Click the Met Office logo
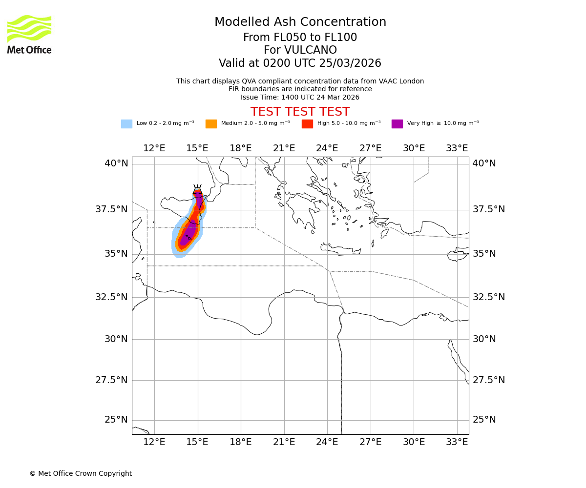29,34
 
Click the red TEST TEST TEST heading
300,112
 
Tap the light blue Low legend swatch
126,124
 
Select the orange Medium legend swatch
211,124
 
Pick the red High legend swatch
307,124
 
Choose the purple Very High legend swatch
397,124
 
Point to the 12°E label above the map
154,148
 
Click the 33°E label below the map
457,442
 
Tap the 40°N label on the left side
116,163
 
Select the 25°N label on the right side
484,420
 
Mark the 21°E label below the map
284,442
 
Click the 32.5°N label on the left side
111,297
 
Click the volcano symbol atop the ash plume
197,188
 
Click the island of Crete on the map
340,249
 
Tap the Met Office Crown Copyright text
81,473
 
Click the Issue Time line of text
300,97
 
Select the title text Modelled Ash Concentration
300,22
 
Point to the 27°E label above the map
370,148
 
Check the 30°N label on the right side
484,339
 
